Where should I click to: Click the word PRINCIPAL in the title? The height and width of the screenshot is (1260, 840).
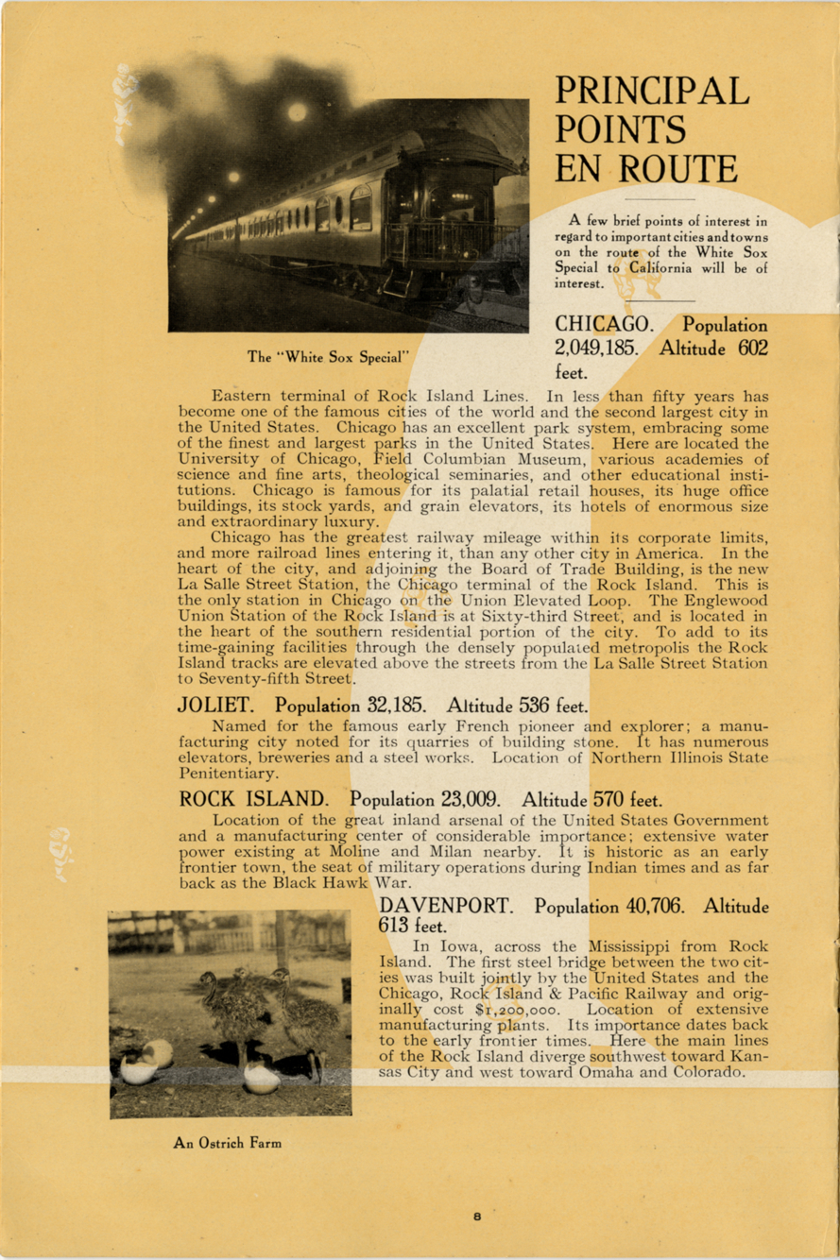[652, 91]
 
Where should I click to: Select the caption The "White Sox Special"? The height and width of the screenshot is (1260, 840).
[328, 357]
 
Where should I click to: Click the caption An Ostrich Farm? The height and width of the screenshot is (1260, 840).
[227, 1143]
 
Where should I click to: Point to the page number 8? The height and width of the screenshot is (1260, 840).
[478, 1217]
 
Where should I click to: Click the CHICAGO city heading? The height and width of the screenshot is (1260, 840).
[600, 325]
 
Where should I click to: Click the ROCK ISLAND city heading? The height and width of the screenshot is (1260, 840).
[254, 798]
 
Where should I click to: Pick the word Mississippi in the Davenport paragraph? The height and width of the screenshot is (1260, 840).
[619, 946]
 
